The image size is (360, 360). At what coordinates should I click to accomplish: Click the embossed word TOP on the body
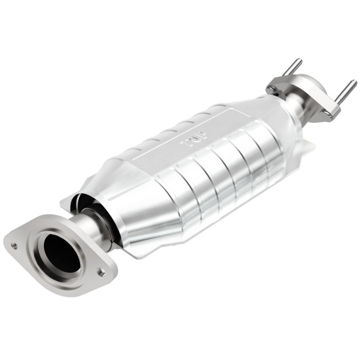pyautogui.click(x=194, y=138)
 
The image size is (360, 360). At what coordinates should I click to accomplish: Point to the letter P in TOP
pyautogui.click(x=202, y=134)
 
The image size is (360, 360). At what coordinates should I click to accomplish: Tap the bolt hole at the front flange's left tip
pyautogui.click(x=14, y=246)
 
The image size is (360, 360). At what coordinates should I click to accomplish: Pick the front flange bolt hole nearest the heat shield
pyautogui.click(x=101, y=272)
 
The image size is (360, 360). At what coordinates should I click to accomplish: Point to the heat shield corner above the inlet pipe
pyautogui.click(x=67, y=202)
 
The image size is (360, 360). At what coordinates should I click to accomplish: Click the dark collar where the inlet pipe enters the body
pyautogui.click(x=110, y=225)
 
